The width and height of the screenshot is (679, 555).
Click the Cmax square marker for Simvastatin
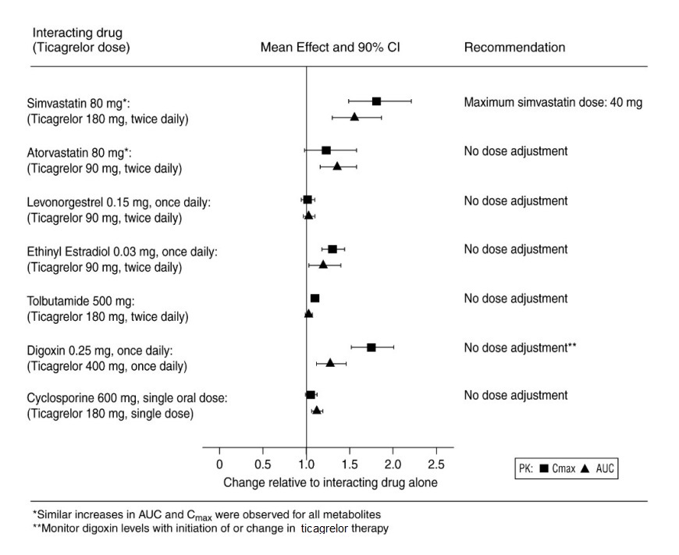(376, 101)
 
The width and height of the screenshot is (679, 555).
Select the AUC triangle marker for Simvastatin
(354, 117)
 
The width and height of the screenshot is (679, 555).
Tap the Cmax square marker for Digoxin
(371, 347)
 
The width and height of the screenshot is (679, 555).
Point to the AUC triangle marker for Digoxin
(330, 363)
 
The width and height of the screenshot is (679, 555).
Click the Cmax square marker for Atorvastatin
(326, 150)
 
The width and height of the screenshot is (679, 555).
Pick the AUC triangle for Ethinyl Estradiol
(323, 265)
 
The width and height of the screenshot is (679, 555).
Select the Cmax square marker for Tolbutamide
(315, 298)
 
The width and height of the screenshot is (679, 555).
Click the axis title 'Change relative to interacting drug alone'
(330, 482)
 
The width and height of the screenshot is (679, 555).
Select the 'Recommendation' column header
(514, 48)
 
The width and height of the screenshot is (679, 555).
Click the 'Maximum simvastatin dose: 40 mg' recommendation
(553, 102)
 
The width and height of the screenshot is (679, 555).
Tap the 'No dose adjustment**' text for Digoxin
(520, 347)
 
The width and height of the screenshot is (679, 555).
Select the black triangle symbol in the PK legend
(584, 469)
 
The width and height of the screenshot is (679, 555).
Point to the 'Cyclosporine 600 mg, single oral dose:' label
(127, 398)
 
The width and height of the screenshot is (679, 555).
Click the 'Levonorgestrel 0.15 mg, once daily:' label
(119, 202)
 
